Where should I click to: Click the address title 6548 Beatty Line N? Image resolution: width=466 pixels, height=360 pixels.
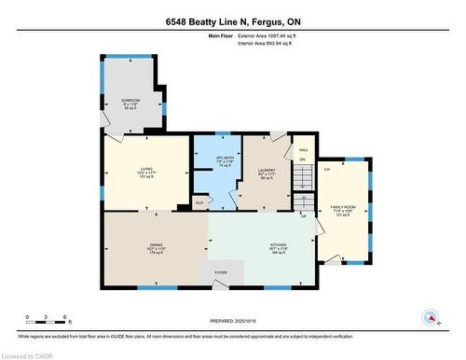pyautogui.click(x=232, y=21)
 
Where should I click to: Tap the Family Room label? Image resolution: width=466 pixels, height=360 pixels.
pyautogui.click(x=343, y=211)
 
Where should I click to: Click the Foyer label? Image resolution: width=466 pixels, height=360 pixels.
pyautogui.click(x=221, y=272)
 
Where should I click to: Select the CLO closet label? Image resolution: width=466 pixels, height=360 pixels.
pyautogui.click(x=199, y=201)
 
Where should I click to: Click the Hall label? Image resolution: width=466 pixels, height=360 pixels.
pyautogui.click(x=303, y=150)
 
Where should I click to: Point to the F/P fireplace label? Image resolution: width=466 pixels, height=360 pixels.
pyautogui.click(x=327, y=170)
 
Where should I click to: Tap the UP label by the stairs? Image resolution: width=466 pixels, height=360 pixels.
pyautogui.click(x=303, y=217)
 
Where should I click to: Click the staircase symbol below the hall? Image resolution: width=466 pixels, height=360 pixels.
pyautogui.click(x=303, y=201)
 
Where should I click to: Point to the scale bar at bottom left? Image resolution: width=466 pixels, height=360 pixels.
pyautogui.click(x=46, y=322)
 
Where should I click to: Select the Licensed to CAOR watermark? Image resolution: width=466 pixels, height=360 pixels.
pyautogui.click(x=28, y=354)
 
